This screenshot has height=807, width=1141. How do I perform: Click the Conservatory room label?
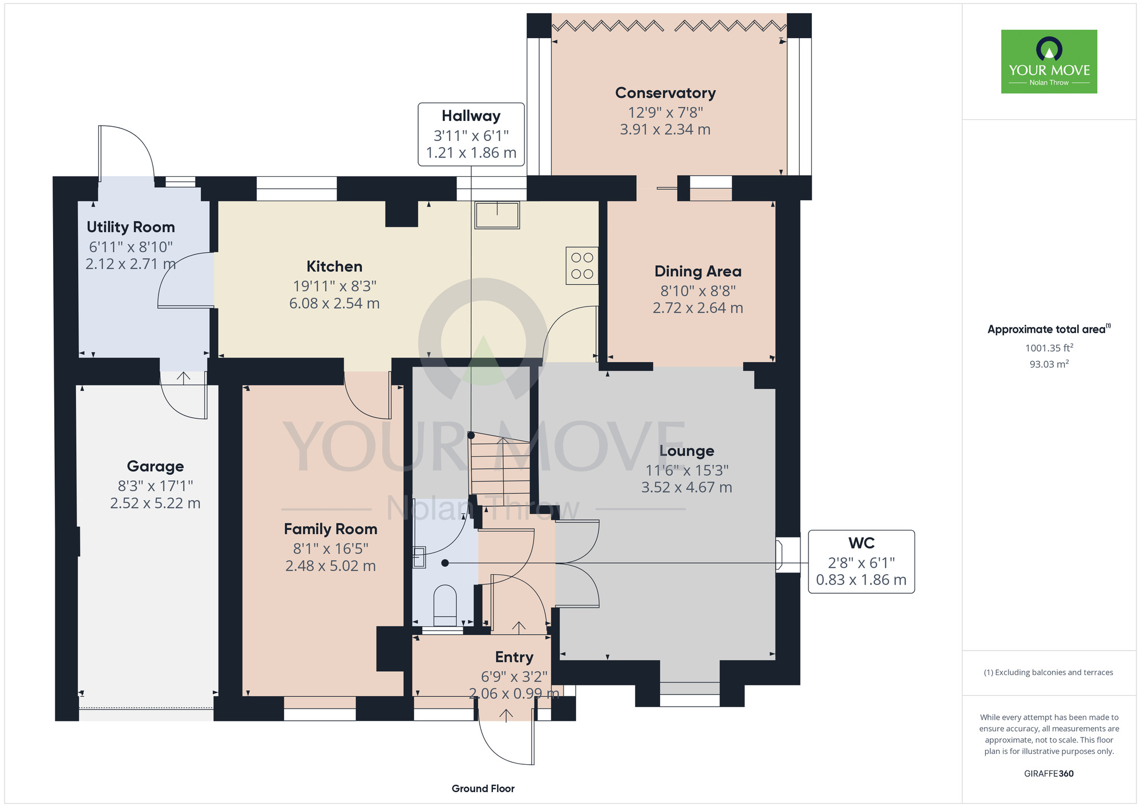click(665, 93)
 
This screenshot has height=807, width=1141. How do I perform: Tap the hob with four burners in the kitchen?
click(582, 265)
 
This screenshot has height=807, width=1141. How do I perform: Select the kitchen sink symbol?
click(497, 215)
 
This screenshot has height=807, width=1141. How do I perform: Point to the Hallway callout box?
click(471, 135)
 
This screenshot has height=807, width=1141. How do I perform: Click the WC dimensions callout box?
click(861, 562)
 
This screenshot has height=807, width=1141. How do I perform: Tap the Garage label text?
click(155, 466)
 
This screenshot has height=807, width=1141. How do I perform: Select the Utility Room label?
click(131, 227)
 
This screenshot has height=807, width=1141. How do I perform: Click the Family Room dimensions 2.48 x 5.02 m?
click(330, 566)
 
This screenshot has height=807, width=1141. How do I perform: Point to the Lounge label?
click(686, 451)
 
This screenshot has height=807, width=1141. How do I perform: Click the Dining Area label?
click(698, 272)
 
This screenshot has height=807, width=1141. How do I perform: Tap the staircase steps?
click(500, 468)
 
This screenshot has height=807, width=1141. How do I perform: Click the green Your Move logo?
click(1049, 62)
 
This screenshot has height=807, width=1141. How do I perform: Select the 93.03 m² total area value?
click(1049, 364)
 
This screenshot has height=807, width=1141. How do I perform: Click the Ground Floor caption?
click(483, 789)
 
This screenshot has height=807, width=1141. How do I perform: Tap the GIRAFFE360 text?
click(1049, 774)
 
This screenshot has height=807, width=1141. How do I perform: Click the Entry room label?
click(514, 657)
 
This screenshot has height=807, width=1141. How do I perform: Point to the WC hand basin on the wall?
click(419, 556)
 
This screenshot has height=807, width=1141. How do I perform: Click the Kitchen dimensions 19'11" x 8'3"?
click(334, 286)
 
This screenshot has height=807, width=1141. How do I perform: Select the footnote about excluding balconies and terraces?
click(1049, 672)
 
